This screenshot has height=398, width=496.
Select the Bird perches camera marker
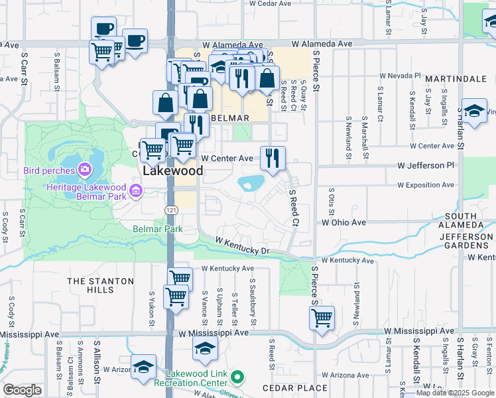click(85, 170)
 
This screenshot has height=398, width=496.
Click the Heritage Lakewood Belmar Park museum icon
click(136, 192)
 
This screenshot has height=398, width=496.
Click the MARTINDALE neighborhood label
click(456, 79)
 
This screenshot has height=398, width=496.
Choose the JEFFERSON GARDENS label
click(465, 241)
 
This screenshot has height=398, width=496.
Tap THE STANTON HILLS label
click(100, 286)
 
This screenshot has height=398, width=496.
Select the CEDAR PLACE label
click(294, 388)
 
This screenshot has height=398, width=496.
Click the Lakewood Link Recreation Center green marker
click(237, 378)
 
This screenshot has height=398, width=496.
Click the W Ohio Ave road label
click(343, 223)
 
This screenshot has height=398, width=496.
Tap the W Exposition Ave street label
click(426, 185)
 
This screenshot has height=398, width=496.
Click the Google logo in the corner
click(22, 390)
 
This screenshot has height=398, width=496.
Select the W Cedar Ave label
click(270, 3)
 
